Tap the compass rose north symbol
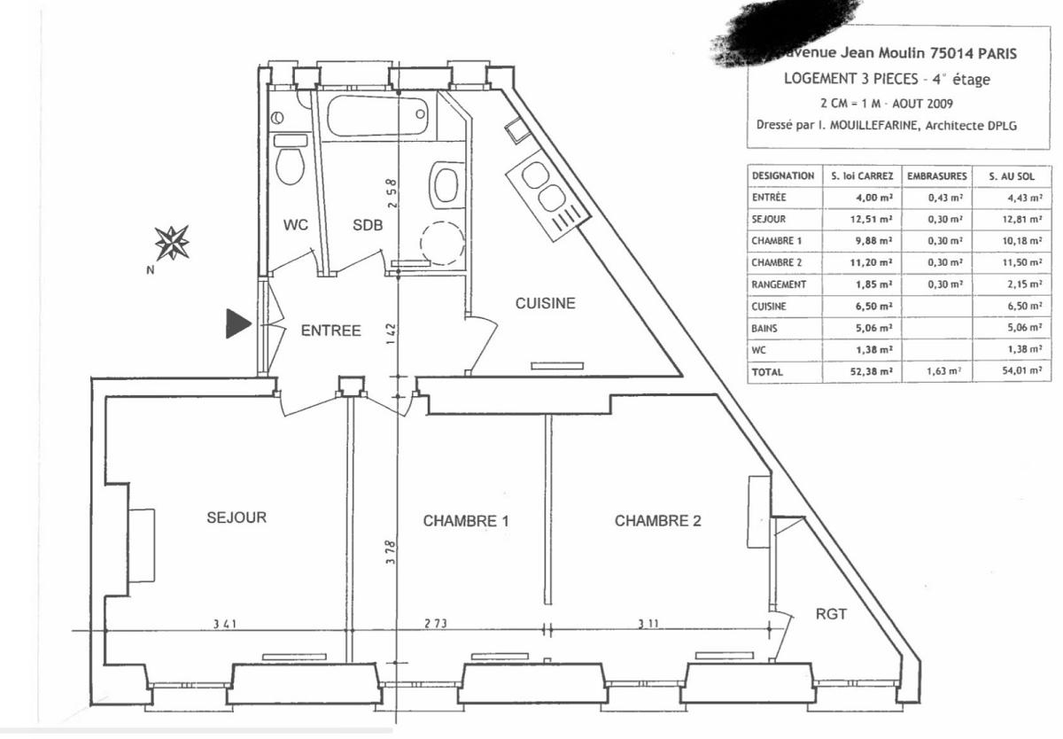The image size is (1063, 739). (172, 242)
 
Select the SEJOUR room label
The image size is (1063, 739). (237, 517)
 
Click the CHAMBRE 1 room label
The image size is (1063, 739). (466, 521)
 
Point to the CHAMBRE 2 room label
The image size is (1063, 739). (657, 521)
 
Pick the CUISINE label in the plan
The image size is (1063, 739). (546, 303)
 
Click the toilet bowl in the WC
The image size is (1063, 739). (290, 164)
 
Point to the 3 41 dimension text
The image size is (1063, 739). (224, 626)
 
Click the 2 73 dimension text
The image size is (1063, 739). (435, 626)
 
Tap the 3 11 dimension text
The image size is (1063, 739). (648, 626)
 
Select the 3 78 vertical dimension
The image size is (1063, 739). (390, 556)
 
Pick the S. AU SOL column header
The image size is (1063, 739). (1012, 176)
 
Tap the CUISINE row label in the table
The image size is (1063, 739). (768, 307)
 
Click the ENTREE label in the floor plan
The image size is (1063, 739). (330, 331)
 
